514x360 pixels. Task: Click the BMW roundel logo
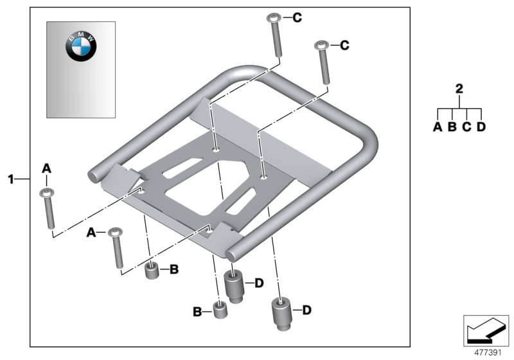80,47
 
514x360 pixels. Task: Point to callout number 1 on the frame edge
11,178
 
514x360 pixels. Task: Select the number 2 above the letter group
459,89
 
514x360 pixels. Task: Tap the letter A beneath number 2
438,127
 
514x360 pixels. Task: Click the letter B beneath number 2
452,127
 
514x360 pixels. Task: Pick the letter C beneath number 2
466,127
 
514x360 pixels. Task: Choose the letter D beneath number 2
481,127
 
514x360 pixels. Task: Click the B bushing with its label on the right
152,271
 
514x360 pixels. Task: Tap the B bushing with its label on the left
221,312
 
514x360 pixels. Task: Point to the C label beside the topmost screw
296,18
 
